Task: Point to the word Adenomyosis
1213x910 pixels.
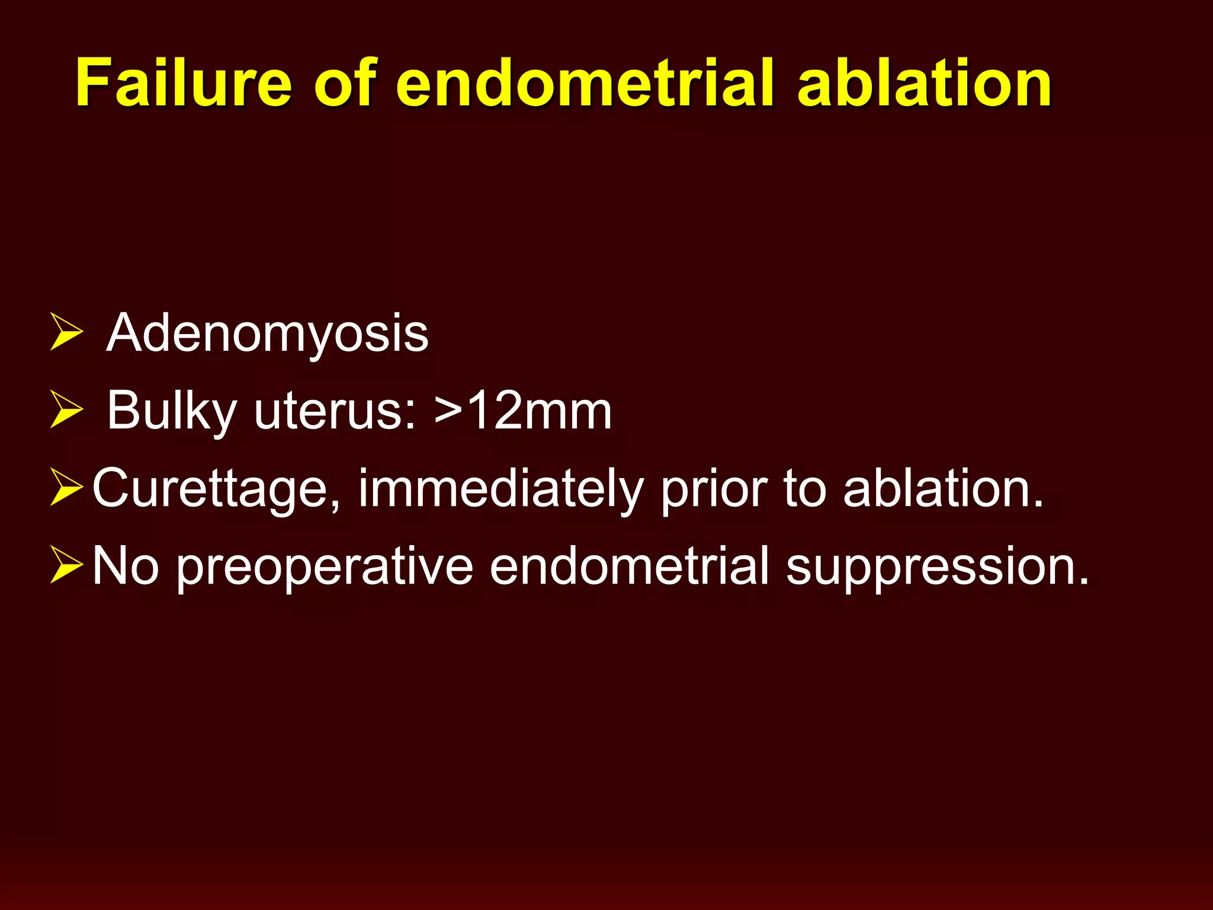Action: point(267,334)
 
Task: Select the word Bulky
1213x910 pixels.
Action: point(172,411)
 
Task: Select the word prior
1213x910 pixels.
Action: point(714,489)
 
